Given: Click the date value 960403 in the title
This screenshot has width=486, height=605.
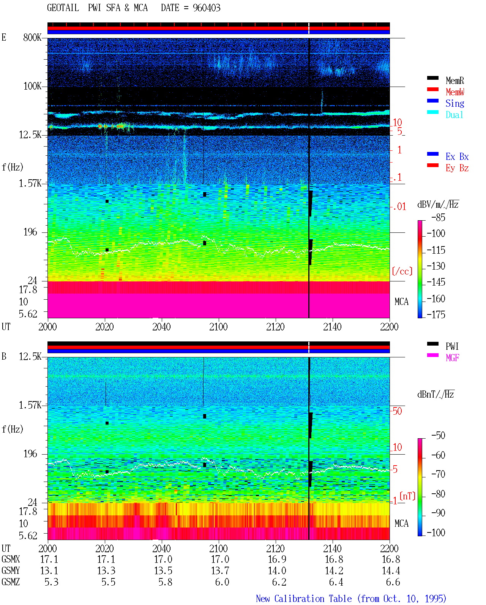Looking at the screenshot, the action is point(207,8).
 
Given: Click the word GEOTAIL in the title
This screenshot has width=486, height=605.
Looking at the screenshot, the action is point(63,8).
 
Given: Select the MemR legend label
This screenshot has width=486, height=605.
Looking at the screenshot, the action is point(455,81).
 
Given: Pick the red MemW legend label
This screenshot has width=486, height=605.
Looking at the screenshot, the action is point(455,92).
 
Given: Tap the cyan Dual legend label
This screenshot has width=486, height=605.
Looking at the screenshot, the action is point(454,115).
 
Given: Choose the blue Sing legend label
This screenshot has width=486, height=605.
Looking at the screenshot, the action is point(455,103).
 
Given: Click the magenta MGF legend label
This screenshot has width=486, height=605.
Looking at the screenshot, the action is point(452,358).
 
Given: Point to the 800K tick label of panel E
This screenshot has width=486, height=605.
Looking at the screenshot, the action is point(32,37).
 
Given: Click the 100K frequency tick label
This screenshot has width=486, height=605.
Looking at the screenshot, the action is point(32,86).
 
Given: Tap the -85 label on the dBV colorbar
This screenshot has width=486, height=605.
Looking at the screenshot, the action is point(438,217).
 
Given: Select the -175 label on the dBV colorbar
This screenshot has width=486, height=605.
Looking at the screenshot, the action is point(436,314).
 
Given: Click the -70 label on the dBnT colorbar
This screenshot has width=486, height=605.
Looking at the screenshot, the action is point(438,474).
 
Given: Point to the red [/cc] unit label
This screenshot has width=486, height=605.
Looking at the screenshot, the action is point(402,271).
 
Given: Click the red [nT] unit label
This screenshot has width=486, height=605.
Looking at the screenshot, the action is point(407,496).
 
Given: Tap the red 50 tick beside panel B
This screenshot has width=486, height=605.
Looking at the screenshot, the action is point(397,411).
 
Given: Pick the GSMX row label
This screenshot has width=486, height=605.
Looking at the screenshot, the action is point(11,559).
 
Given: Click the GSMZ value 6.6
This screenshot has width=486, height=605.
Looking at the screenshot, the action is point(393,582).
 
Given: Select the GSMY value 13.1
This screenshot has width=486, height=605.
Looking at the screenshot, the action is point(49,571).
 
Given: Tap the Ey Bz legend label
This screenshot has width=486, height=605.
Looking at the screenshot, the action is point(457,168).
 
